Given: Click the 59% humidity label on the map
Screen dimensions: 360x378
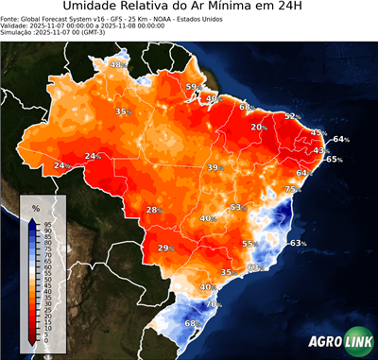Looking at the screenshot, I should [x=192, y=88].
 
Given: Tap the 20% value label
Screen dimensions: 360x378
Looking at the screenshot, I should [x=258, y=127].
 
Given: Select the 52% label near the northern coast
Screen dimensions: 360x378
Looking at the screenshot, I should [x=292, y=116].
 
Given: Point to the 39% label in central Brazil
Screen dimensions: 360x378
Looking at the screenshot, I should [x=215, y=167].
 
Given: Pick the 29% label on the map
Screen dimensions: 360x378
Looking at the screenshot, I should [x=165, y=249].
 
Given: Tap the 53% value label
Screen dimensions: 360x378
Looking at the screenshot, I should [x=237, y=207].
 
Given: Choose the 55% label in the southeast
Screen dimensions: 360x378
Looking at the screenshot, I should [x=249, y=244].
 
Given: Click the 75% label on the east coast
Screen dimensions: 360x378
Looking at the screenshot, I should [x=292, y=190].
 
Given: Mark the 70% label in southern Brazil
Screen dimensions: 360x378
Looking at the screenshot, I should [x=214, y=304].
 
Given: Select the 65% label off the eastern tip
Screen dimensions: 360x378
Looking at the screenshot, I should [x=334, y=160].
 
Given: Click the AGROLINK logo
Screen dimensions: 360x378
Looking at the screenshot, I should [x=336, y=341].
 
